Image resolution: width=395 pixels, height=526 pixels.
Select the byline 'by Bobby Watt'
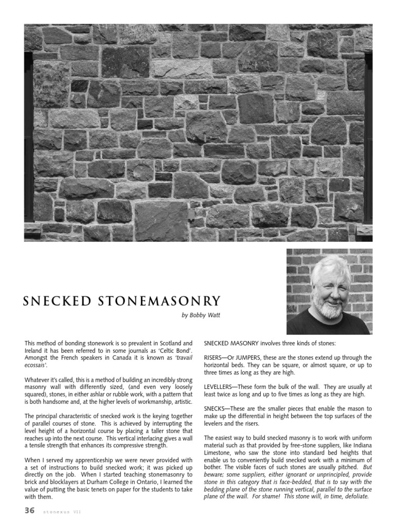201,315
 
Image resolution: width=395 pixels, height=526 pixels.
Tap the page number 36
29,510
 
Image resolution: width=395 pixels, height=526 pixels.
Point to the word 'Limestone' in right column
220,454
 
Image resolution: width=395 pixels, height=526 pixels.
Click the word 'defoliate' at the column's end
355,497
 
